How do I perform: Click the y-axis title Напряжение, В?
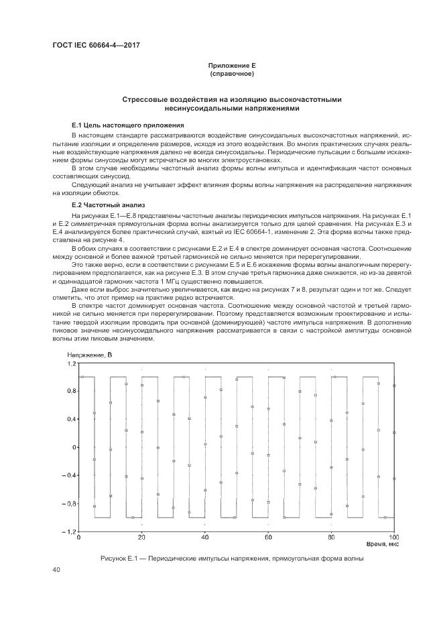point(90,354)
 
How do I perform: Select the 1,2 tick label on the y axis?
point(71,363)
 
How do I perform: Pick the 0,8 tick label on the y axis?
point(71,392)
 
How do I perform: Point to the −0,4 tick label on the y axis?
point(69,475)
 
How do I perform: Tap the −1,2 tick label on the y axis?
point(69,532)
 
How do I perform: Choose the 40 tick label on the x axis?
point(205,538)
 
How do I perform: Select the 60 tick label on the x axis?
point(268,538)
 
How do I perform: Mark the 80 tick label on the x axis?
point(331,538)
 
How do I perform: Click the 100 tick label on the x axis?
point(393,538)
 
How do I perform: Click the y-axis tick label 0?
point(74,447)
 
